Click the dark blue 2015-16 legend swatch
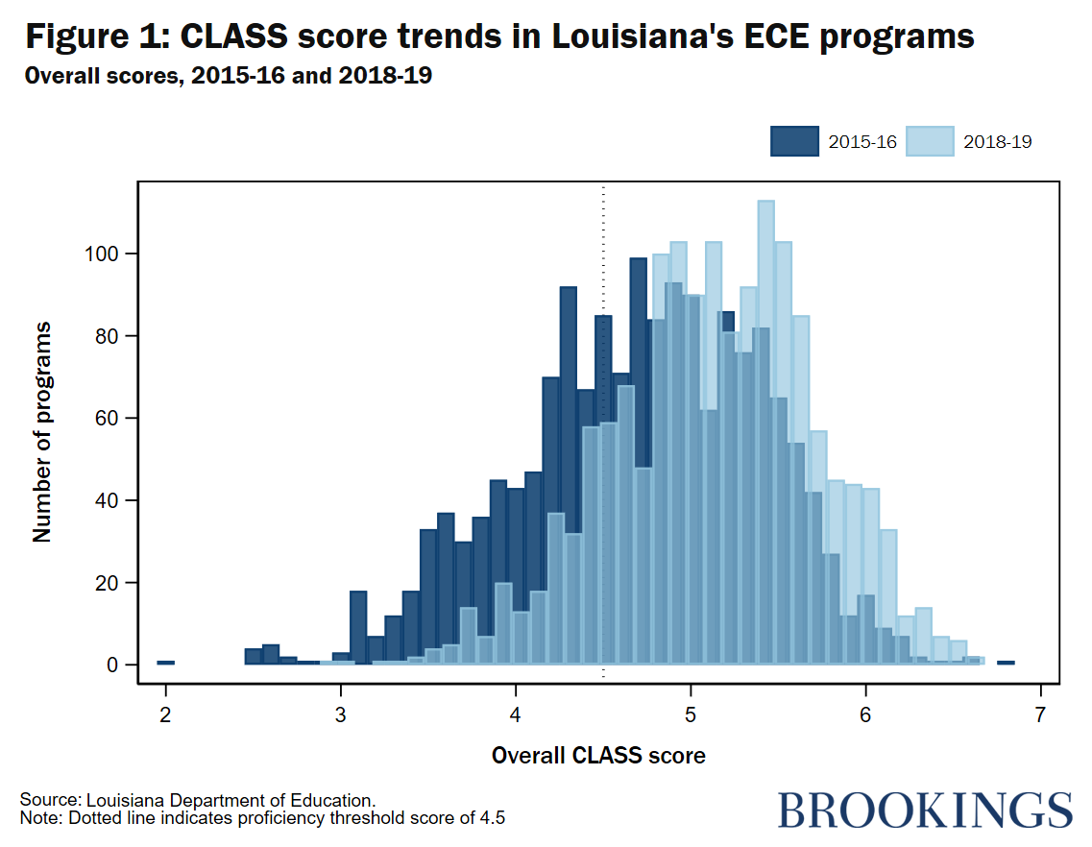(x=794, y=141)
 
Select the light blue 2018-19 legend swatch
(x=930, y=141)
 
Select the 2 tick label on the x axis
(x=165, y=715)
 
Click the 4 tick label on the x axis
(x=516, y=715)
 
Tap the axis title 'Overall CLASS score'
(x=598, y=756)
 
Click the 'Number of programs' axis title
(x=42, y=432)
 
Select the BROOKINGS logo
(x=924, y=810)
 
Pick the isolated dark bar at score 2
(x=165, y=663)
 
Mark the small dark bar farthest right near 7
(x=1006, y=663)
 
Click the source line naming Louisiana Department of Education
(x=197, y=800)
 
